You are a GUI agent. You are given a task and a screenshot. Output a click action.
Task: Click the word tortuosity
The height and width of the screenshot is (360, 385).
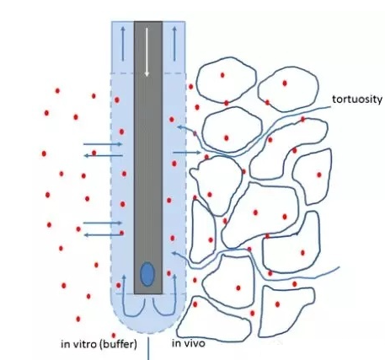coord(357,99)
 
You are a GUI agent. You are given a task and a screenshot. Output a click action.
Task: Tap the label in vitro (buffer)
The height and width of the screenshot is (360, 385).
coord(99,344)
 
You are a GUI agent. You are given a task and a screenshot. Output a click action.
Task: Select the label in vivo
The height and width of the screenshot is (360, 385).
coord(189,343)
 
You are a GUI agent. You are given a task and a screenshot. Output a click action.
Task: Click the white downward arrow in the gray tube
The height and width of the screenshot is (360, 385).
coord(147,52)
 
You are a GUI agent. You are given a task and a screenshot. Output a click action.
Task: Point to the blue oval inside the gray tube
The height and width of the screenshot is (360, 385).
coord(147,274)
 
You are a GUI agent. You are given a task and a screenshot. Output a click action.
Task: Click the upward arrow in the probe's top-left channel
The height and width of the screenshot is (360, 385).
coord(123,44)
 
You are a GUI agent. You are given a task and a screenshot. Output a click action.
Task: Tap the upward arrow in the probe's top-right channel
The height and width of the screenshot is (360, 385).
coord(174,44)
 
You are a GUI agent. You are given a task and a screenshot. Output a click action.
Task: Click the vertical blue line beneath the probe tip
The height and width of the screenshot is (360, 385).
coord(148,349)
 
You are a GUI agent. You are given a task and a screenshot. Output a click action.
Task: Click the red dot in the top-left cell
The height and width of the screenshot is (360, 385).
coord(222,75)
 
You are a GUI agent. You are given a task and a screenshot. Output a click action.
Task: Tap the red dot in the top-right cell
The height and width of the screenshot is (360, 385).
coord(285,83)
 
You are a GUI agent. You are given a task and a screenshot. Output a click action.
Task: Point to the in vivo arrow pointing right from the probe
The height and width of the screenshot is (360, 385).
coord(187,153)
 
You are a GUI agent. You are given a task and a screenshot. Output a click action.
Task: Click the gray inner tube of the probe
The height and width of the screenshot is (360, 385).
coord(148,158)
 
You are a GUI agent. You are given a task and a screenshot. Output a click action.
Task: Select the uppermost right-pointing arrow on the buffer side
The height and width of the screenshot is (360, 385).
coord(103,144)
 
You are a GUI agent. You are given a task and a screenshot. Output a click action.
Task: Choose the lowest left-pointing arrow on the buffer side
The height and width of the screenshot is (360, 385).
coord(104,234)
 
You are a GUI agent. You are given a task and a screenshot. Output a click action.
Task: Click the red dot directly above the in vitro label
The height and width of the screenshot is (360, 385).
coord(114,336)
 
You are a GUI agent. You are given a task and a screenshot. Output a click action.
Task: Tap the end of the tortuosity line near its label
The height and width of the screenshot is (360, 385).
coord(330,107)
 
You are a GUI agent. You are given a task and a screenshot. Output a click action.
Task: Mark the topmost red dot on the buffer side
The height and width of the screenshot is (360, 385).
coord(57,90)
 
